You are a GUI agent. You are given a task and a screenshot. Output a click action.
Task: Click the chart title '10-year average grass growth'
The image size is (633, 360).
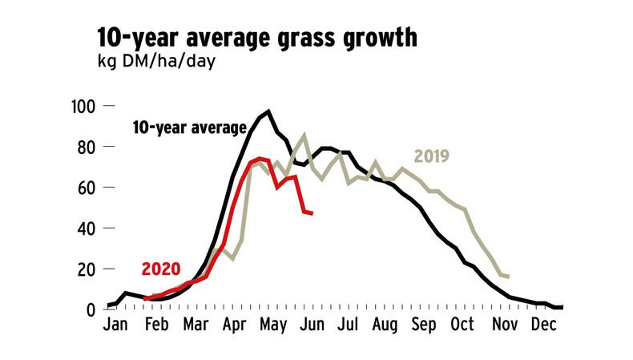[x=256, y=38]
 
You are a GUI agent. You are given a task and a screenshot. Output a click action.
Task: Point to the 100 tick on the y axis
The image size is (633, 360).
[x=83, y=106]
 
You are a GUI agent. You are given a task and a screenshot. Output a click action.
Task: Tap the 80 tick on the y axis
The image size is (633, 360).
[x=87, y=147]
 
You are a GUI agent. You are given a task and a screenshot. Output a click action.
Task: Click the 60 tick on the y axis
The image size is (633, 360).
[x=87, y=188]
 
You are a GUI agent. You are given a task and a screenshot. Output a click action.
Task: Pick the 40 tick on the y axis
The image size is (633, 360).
[x=87, y=229]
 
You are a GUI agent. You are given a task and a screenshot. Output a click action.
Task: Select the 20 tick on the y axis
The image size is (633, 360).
[x=87, y=269]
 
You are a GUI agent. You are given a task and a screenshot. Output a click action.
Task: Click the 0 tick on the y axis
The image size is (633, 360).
[x=91, y=310]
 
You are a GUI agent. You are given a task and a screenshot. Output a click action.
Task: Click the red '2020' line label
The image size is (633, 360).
[x=161, y=269]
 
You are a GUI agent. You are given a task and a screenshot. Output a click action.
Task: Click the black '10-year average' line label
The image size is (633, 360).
[x=189, y=127]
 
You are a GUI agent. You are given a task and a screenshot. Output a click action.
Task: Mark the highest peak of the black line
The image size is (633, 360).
[x=268, y=111]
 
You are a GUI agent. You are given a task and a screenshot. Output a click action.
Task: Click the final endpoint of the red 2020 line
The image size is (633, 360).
[x=312, y=212]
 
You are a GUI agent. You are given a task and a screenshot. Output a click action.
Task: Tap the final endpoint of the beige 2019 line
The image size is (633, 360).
[x=509, y=277]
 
